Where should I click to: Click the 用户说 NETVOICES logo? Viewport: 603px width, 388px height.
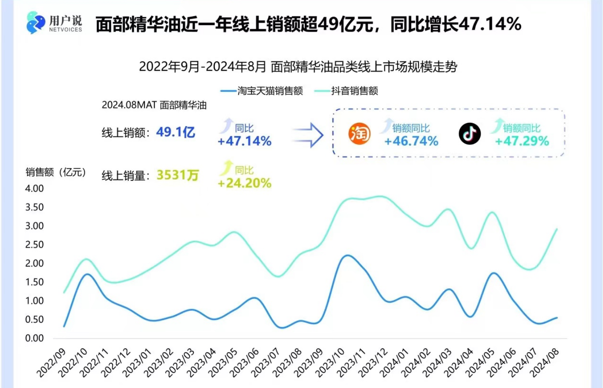[x=54, y=23]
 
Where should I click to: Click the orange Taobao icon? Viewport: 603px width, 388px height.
[x=359, y=134]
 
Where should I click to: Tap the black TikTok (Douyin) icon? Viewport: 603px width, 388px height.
[x=470, y=134]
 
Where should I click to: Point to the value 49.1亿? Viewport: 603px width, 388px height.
[x=176, y=132]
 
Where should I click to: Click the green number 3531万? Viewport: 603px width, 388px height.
[x=178, y=175]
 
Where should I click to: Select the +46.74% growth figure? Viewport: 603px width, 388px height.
[x=411, y=141]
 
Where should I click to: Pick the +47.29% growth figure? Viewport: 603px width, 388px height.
[x=522, y=141]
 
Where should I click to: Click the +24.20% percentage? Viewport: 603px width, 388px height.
[x=245, y=183]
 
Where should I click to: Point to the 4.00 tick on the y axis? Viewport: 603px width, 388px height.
[x=35, y=188]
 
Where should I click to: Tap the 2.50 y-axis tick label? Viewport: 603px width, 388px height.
[x=35, y=245]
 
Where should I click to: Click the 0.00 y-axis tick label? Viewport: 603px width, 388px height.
[x=35, y=338]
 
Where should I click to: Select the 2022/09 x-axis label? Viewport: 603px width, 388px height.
[x=52, y=362]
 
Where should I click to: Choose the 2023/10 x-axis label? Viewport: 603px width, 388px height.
[x=330, y=362]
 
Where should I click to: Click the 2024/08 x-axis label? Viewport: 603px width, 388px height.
[x=544, y=362]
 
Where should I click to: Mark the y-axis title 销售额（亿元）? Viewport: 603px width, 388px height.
[x=56, y=172]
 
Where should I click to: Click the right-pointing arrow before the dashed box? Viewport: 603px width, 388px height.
[x=308, y=135]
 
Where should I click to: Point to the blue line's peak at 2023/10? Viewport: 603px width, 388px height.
[x=348, y=255]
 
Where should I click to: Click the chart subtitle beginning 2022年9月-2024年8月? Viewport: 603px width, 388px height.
[x=298, y=67]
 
